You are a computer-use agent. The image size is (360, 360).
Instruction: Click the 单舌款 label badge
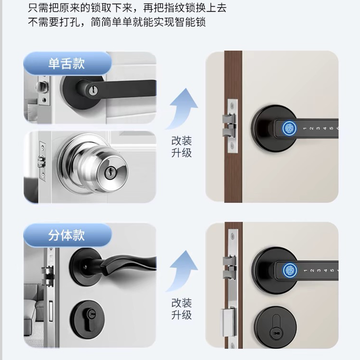click(67, 63)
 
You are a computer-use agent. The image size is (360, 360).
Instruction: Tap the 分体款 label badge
click(67, 235)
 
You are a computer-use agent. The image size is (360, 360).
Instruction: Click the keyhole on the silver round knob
click(109, 172)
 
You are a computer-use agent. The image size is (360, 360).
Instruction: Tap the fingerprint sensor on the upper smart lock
click(289, 128)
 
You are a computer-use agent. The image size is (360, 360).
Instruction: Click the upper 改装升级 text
click(181, 147)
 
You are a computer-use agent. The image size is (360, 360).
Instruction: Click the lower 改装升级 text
click(181, 309)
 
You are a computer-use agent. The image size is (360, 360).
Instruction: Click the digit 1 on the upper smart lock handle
click(305, 128)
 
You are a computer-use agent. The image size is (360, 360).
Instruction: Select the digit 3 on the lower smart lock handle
click(319, 270)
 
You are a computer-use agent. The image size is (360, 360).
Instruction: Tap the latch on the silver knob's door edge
click(41, 162)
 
